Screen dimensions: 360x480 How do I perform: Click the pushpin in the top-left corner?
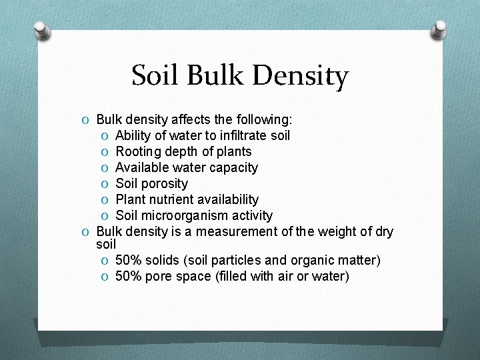[x=41, y=31]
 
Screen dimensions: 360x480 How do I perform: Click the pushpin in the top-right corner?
[x=439, y=29]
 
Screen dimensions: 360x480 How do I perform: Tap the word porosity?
[x=165, y=184]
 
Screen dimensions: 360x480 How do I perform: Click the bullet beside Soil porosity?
[x=105, y=184]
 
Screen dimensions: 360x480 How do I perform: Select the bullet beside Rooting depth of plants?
[x=105, y=152]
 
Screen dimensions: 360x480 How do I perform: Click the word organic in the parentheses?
[x=308, y=260]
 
